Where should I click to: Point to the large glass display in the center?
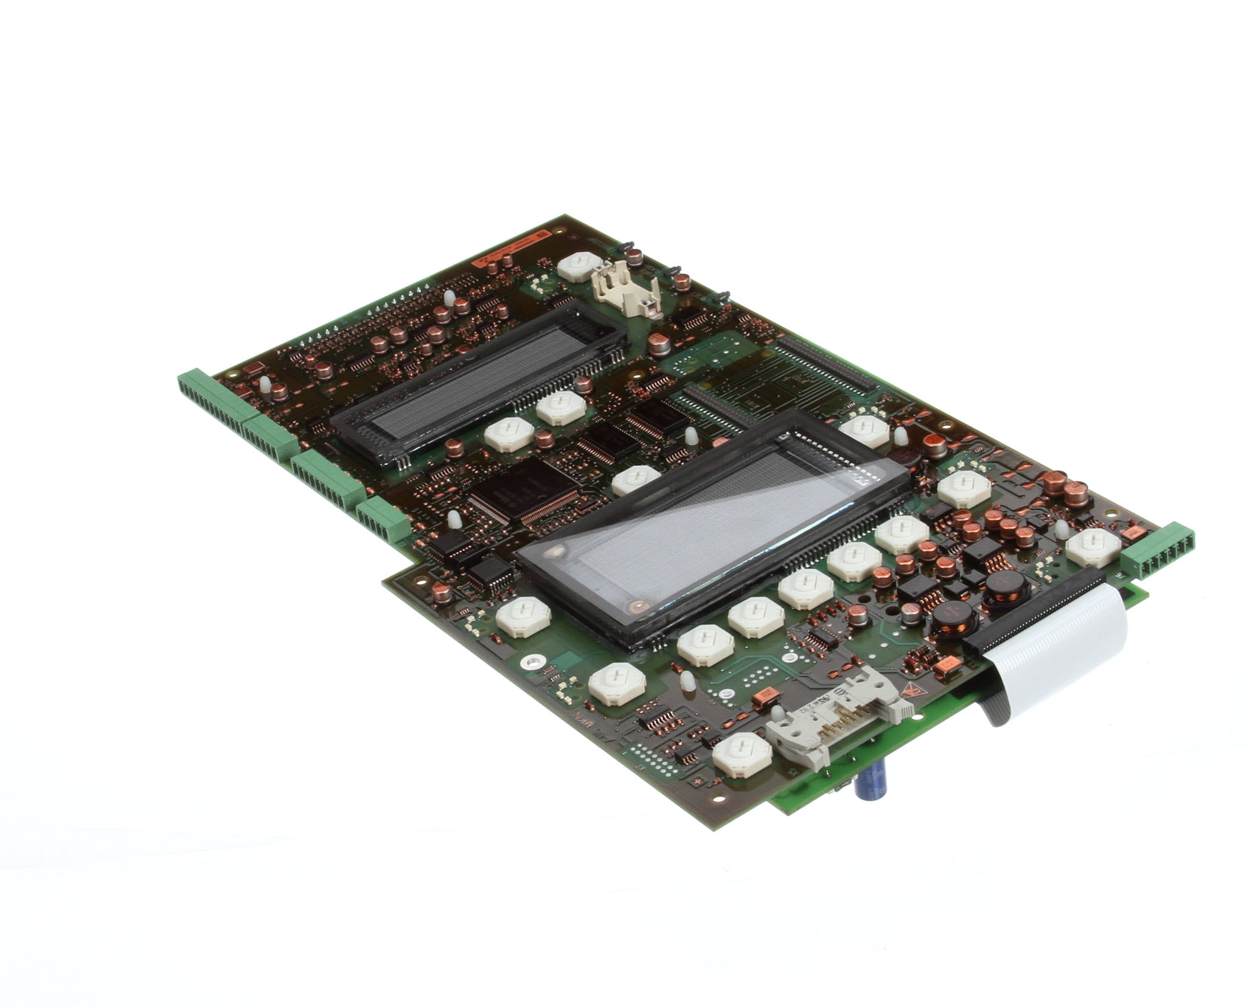coord(711,529)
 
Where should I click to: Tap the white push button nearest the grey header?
coord(742,755)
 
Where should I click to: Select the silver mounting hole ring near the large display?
coord(531,661)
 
